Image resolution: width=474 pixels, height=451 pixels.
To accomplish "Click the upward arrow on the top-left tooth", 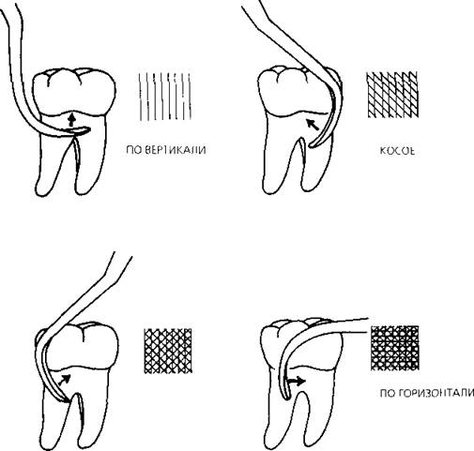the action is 72,120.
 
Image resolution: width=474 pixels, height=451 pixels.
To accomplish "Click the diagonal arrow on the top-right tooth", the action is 313,125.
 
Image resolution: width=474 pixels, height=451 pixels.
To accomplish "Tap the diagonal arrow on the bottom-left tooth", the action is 64,380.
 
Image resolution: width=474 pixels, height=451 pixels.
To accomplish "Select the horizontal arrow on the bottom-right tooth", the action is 297,381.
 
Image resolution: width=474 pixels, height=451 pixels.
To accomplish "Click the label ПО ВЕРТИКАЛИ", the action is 166,150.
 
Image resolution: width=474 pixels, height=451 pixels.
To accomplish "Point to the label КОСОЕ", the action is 397,151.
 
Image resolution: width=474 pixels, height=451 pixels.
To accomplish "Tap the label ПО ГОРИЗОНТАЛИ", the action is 427,393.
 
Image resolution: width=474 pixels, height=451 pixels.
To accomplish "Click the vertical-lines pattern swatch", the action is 165,97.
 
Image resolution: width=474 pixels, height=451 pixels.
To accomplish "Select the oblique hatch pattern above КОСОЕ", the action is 392,95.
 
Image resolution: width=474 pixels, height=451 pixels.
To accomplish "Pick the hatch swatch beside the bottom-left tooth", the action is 168,351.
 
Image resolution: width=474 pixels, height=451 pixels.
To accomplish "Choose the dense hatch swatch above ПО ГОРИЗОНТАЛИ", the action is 395,348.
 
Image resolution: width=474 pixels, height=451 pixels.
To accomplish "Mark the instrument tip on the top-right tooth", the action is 311,144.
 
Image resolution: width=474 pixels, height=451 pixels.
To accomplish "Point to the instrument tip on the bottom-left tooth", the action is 67,400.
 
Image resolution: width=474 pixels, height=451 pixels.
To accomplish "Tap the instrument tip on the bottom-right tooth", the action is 286,398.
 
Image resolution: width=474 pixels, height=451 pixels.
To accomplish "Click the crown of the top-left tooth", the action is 74,92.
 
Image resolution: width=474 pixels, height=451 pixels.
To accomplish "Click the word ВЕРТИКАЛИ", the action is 176,150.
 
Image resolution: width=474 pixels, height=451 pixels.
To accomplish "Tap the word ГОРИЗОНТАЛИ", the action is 437,393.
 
